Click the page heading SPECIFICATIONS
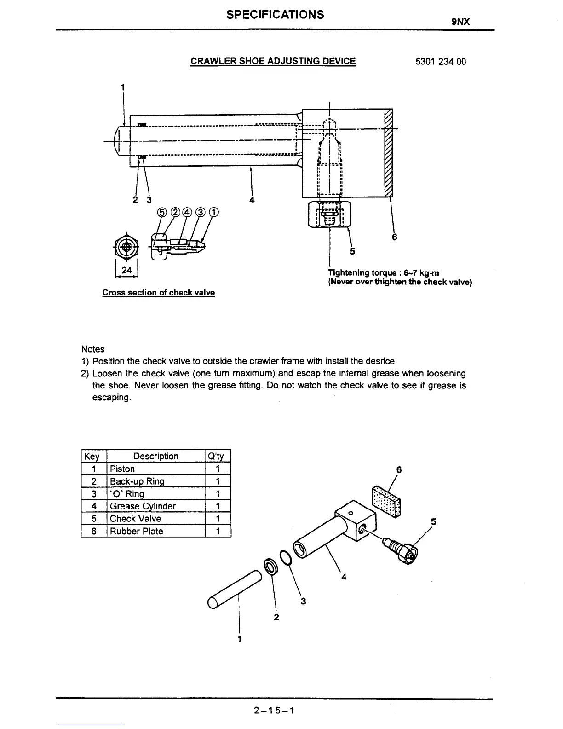pos(275,15)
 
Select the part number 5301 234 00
pos(440,61)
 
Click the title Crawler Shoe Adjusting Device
pos(273,61)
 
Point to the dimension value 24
pos(126,271)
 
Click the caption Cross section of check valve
pos(158,293)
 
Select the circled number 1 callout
pos(213,212)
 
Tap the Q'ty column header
pos(216,456)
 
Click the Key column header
pos(92,456)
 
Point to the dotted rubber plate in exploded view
pos(385,500)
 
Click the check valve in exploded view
pos(401,550)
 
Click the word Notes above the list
pos(92,349)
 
